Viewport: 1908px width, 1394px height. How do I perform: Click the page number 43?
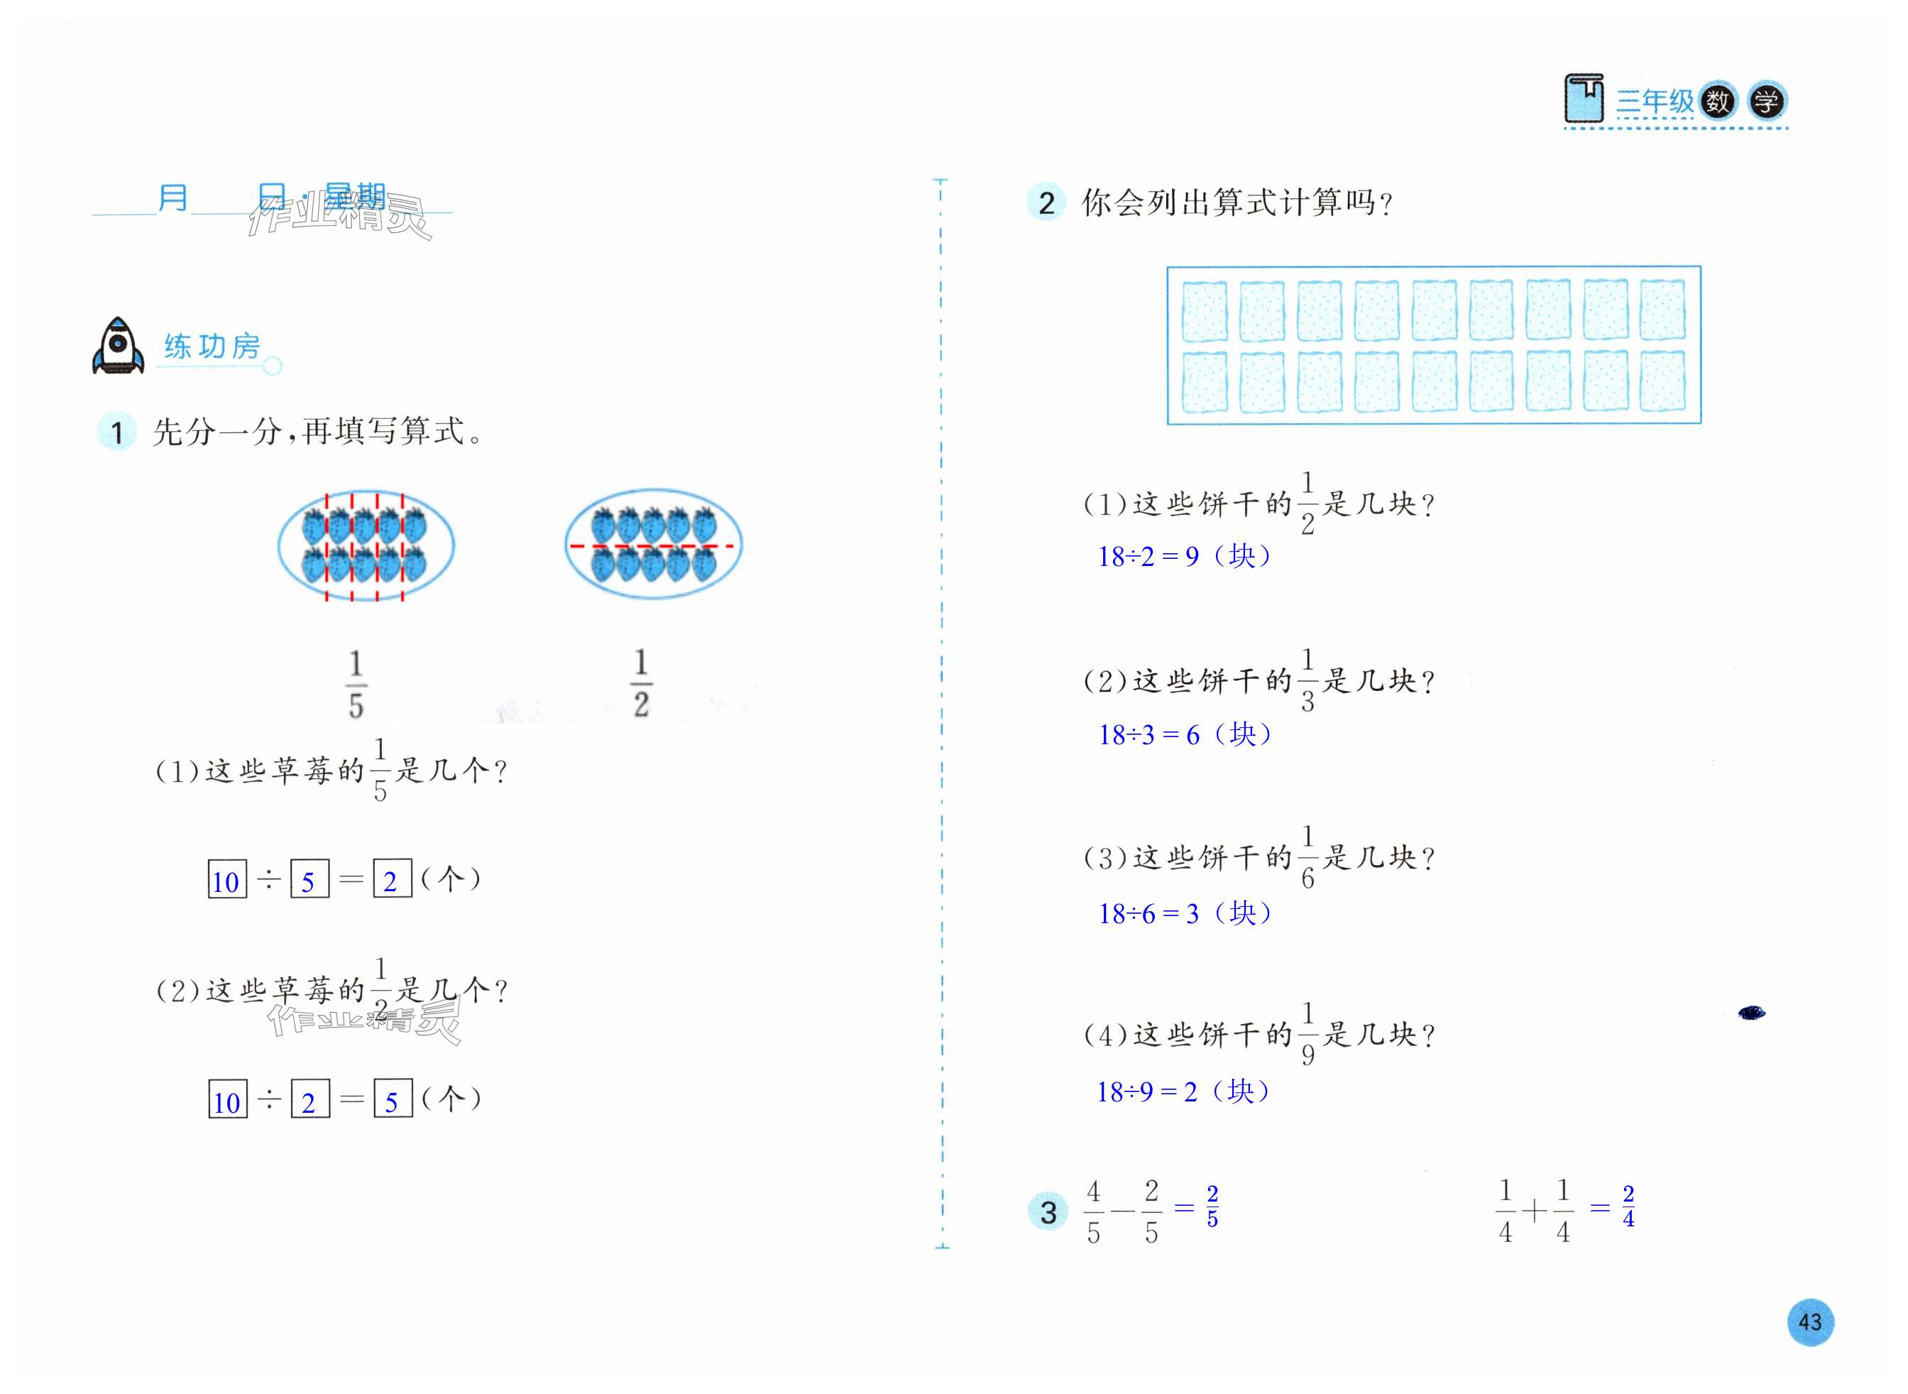point(1809,1322)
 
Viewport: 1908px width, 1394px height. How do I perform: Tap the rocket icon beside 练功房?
point(118,346)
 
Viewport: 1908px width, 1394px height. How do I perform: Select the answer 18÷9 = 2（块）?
point(1183,1092)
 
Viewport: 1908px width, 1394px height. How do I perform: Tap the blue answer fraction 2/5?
point(1212,1207)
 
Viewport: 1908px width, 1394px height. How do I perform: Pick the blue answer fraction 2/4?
point(1628,1207)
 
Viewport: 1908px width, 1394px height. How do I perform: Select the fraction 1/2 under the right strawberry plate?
point(641,683)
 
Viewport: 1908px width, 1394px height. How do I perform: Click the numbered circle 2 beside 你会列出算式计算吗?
point(1047,203)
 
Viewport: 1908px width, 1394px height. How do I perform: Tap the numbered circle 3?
point(1048,1213)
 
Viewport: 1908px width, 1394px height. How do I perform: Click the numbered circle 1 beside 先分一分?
point(117,433)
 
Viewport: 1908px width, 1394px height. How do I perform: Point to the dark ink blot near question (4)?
point(1751,1013)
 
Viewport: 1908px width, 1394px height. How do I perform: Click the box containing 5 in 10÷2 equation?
point(393,1099)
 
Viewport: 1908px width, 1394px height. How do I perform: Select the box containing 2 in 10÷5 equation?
point(393,879)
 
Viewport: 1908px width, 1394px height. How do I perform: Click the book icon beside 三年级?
point(1583,99)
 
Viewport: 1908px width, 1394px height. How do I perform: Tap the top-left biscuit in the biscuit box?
point(1205,311)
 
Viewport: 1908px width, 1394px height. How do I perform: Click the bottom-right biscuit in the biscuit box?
point(1662,381)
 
